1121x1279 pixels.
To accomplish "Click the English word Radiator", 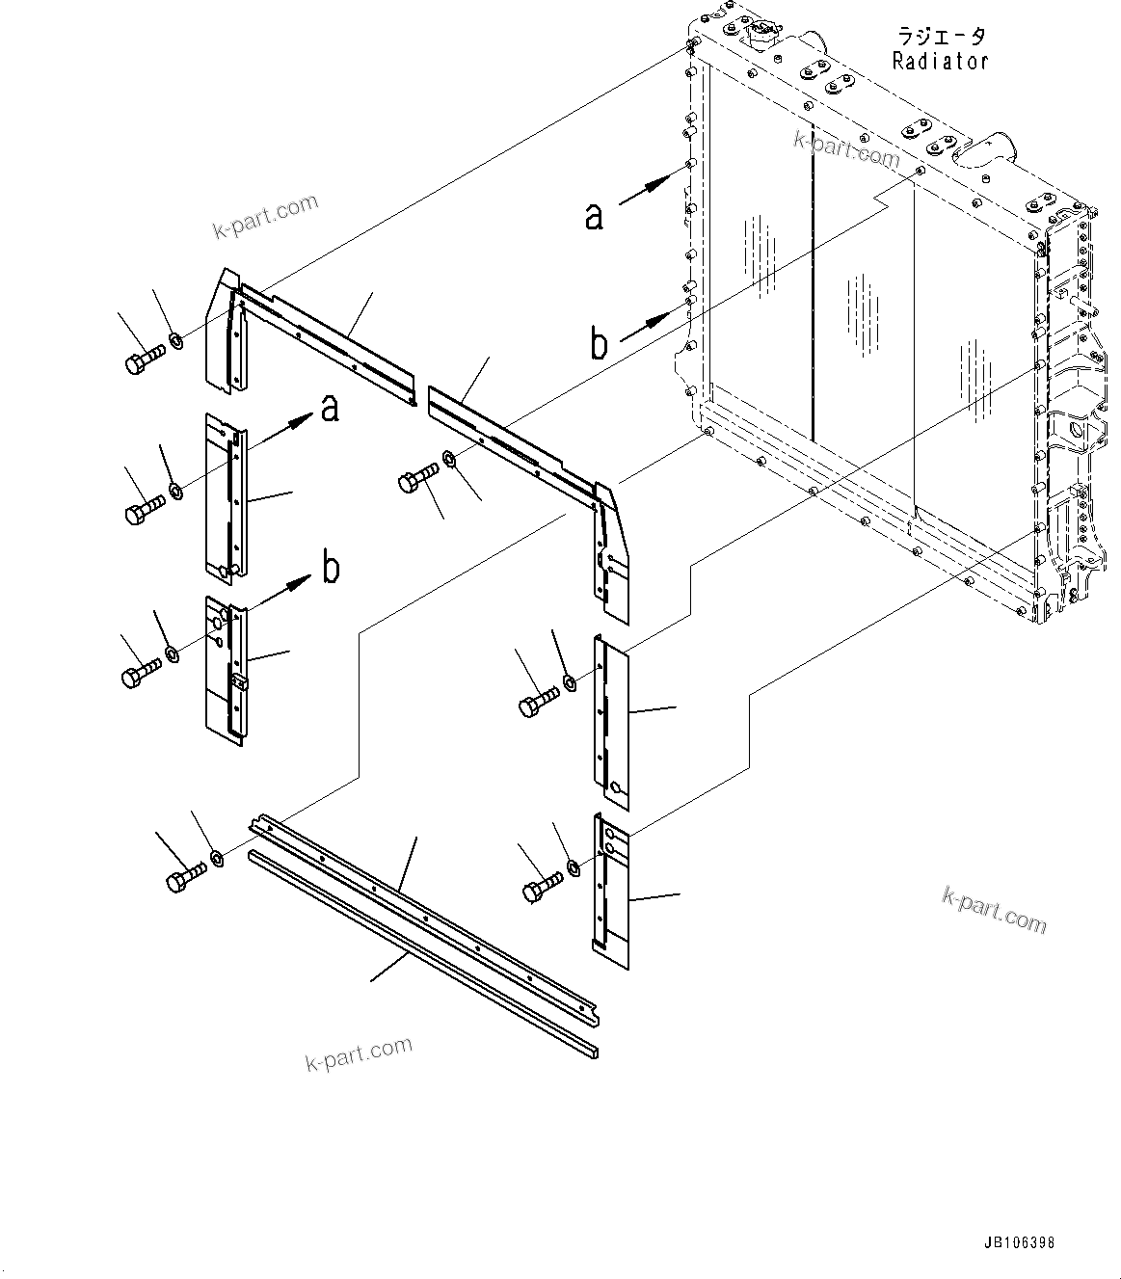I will pyautogui.click(x=940, y=61).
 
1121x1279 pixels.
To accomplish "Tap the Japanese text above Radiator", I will pyautogui.click(x=941, y=37).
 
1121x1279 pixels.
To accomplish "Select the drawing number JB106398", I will pyautogui.click(x=1019, y=1243).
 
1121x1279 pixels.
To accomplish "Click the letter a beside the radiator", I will pyautogui.click(x=595, y=216).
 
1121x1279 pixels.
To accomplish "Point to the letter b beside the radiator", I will pyautogui.click(x=599, y=343).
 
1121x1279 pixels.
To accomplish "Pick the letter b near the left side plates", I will pyautogui.click(x=331, y=568).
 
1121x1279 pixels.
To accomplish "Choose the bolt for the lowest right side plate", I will pyautogui.click(x=542, y=888).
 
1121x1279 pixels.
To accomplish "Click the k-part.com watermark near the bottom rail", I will pyautogui.click(x=359, y=1053).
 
